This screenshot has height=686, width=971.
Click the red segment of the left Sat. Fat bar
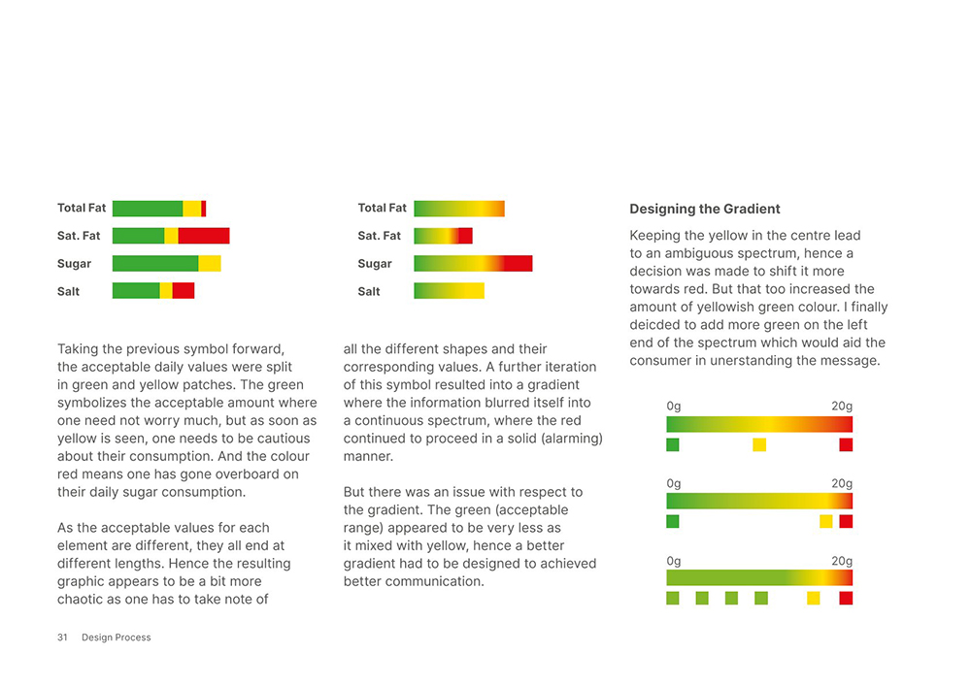click(204, 236)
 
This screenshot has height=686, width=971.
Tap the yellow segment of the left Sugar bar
click(210, 263)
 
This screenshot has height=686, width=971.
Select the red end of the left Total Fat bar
click(204, 209)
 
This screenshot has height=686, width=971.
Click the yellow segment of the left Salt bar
click(166, 290)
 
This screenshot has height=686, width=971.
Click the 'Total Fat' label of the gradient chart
click(383, 208)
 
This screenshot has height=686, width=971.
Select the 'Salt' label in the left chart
click(69, 291)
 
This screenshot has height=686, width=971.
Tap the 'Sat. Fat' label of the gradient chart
click(380, 236)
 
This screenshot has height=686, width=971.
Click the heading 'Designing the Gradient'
click(705, 209)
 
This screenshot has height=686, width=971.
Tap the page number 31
click(62, 637)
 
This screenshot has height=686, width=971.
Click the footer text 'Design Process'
click(117, 637)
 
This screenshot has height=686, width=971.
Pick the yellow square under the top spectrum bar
click(759, 444)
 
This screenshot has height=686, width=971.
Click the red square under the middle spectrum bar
click(846, 521)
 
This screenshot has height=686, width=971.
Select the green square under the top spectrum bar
click(673, 444)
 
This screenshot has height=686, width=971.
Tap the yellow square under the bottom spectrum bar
click(814, 598)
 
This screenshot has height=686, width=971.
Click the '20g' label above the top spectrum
click(842, 406)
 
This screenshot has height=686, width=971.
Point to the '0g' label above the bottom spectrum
click(674, 561)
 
